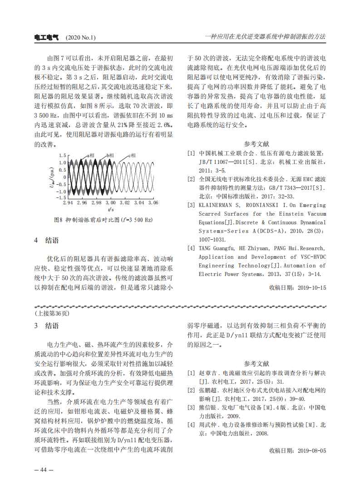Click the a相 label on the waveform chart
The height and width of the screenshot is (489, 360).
point(91,155)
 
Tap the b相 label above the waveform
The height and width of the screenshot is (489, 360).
point(110,155)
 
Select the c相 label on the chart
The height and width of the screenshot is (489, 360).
point(133,155)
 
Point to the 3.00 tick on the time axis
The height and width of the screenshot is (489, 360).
point(110,203)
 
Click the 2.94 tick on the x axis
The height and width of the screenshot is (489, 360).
point(68,203)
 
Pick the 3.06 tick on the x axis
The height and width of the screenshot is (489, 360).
point(153,203)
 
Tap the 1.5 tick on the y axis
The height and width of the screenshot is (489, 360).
point(63,155)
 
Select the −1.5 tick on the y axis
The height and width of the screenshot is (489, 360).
point(61,198)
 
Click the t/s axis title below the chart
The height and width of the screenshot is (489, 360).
point(111,210)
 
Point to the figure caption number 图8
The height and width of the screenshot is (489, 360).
point(58,220)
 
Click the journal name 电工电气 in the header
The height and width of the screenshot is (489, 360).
point(46,37)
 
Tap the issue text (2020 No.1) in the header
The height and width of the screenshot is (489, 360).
point(81,37)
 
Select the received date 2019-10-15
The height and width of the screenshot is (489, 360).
point(311,287)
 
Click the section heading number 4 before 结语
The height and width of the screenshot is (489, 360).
point(36,240)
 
